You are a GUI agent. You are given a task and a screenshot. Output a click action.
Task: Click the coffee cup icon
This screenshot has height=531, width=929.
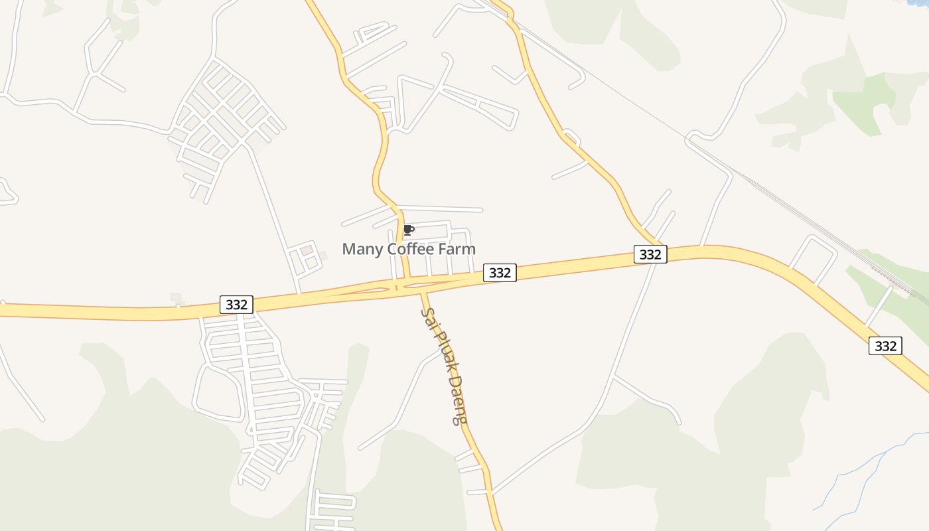click(409, 230)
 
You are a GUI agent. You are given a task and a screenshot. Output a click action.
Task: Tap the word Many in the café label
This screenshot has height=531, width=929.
click(362, 250)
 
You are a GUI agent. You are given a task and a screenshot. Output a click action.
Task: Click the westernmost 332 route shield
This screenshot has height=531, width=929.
click(236, 305)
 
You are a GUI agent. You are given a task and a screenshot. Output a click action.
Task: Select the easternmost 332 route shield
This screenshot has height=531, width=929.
click(885, 346)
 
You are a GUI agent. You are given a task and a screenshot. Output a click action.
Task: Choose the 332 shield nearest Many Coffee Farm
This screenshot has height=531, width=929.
click(500, 272)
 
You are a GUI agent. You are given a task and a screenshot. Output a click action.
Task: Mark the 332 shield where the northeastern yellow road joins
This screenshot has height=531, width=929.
click(650, 254)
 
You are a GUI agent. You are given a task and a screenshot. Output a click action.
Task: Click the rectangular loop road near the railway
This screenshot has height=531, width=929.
click(814, 260)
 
